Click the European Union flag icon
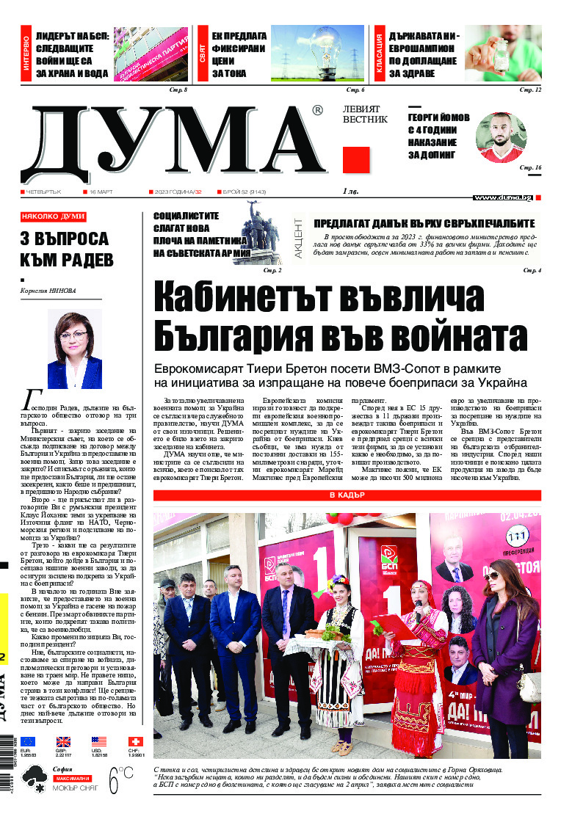28,741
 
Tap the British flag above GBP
64,741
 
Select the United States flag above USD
99,741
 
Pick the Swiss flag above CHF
135,741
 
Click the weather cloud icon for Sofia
35,776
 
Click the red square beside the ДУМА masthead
357,160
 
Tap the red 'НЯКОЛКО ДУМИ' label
54,217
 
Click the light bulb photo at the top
317,54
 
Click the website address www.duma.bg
502,197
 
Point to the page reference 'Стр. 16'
530,168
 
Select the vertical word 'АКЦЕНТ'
299,236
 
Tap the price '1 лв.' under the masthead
350,192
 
